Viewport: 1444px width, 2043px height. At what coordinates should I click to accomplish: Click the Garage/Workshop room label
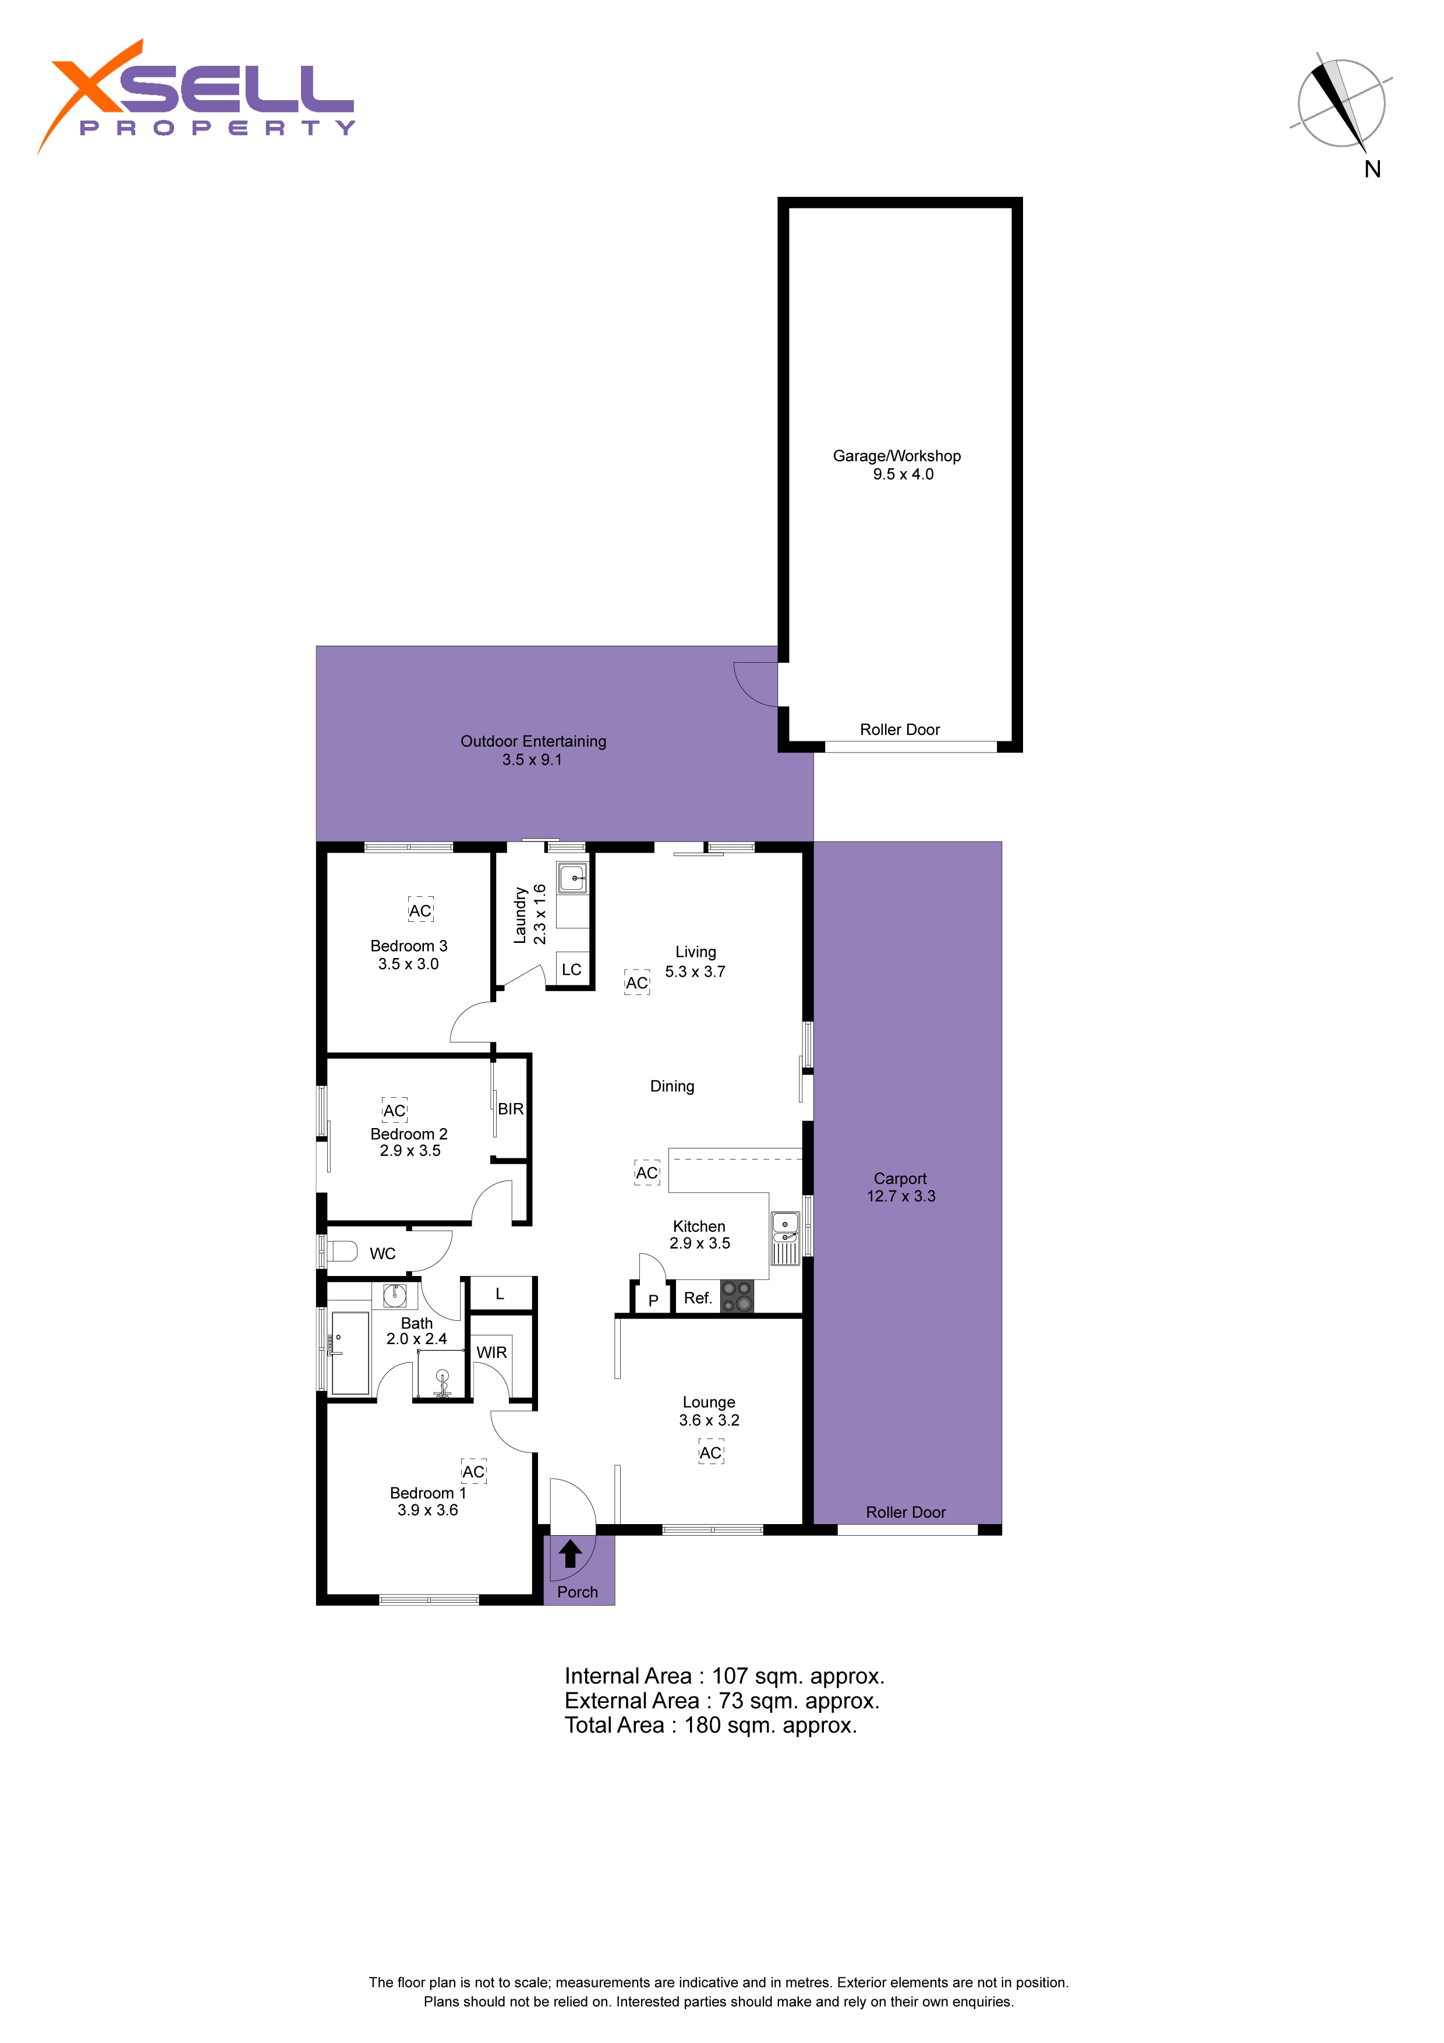click(x=896, y=455)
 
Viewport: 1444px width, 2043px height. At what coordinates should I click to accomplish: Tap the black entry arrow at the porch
click(x=570, y=1554)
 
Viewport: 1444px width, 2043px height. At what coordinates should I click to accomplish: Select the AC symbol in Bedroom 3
click(x=420, y=910)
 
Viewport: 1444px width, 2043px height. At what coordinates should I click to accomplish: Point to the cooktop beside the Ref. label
click(x=737, y=1296)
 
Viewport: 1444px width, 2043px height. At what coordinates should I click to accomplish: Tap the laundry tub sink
click(x=573, y=878)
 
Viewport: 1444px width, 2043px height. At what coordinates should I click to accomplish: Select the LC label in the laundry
click(x=571, y=970)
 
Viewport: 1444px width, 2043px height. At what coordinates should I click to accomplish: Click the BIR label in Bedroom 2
click(x=511, y=1109)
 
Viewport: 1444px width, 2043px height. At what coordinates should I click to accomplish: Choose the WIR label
click(x=491, y=1352)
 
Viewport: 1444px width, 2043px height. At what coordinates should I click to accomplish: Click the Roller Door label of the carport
click(x=906, y=1512)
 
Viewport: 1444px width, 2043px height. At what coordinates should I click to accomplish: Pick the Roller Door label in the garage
click(x=900, y=730)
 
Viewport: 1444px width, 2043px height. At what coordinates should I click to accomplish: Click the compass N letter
click(x=1373, y=169)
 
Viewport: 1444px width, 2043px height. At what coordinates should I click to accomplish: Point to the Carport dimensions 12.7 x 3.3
click(x=901, y=1196)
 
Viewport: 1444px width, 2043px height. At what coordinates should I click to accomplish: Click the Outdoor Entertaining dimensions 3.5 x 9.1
click(x=532, y=760)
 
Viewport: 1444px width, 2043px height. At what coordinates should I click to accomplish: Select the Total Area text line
click(x=711, y=1726)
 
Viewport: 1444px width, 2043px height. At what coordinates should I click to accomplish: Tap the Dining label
click(x=672, y=1087)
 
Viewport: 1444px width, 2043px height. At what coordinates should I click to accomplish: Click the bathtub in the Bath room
click(x=350, y=1352)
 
